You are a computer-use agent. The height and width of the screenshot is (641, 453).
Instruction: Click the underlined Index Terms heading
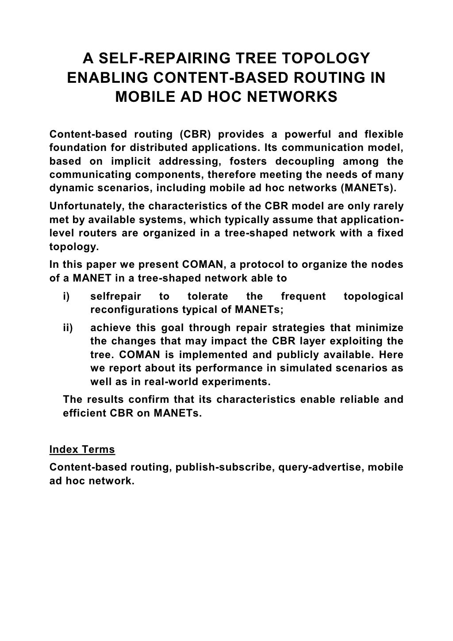click(82, 450)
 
